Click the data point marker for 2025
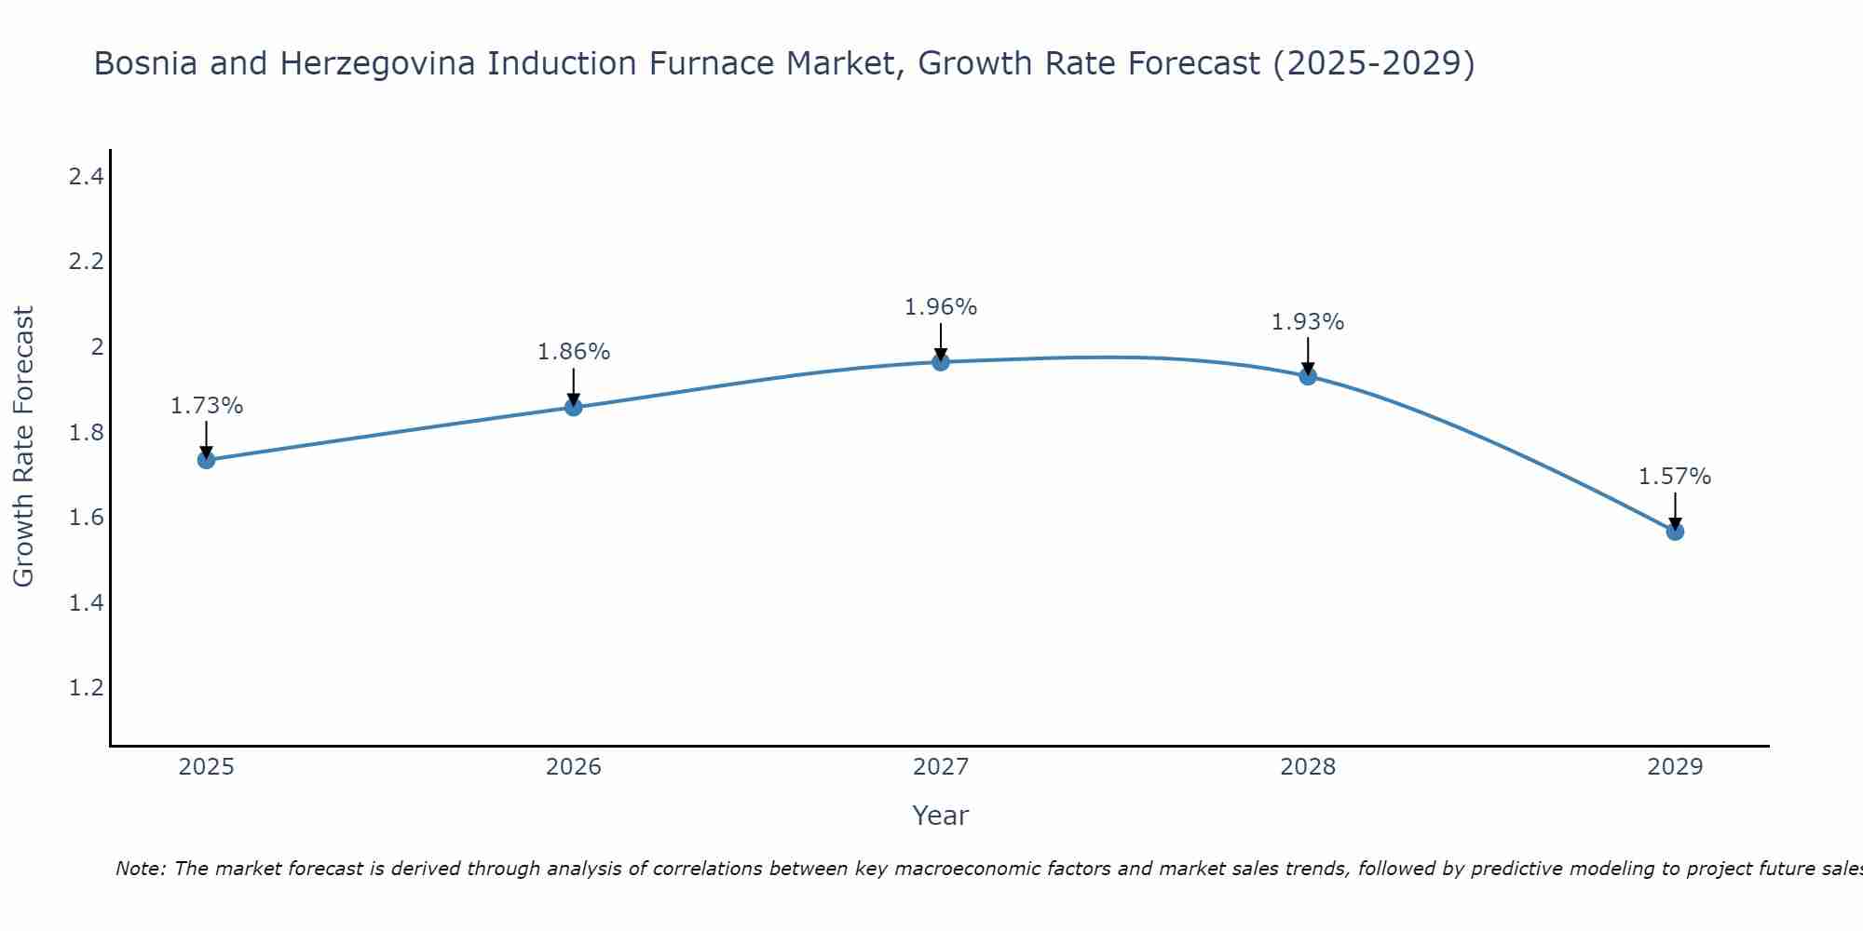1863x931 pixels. pyautogui.click(x=206, y=460)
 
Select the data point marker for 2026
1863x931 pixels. pyautogui.click(x=573, y=407)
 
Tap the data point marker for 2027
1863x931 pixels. pyautogui.click(x=941, y=361)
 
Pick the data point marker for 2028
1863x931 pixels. pyautogui.click(x=1308, y=376)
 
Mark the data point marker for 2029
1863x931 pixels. pyautogui.click(x=1675, y=532)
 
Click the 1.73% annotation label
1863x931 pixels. pyautogui.click(x=206, y=406)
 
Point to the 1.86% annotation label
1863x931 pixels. pyautogui.click(x=573, y=352)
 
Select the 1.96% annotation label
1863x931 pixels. pyautogui.click(x=941, y=307)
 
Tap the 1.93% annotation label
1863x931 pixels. pyautogui.click(x=1308, y=322)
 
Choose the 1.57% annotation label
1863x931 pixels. pyautogui.click(x=1675, y=477)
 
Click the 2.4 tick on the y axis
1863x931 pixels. pyautogui.click(x=86, y=176)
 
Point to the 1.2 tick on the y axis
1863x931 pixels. pyautogui.click(x=86, y=688)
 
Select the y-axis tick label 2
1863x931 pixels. pyautogui.click(x=96, y=347)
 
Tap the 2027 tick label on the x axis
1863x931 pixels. pyautogui.click(x=941, y=767)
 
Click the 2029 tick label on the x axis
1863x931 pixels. pyautogui.click(x=1675, y=767)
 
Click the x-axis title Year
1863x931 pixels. pyautogui.click(x=941, y=816)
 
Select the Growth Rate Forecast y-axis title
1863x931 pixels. pyautogui.click(x=23, y=446)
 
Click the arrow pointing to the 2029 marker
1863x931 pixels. pyautogui.click(x=1675, y=509)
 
